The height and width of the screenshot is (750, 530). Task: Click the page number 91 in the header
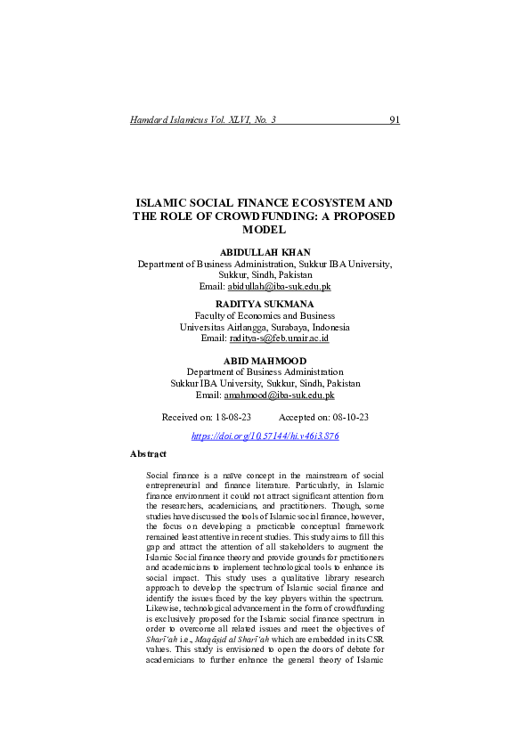pos(395,119)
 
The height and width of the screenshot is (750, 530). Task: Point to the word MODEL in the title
pos(265,230)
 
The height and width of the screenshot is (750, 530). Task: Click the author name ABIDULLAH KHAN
pos(264,253)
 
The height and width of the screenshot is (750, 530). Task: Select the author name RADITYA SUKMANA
pos(264,304)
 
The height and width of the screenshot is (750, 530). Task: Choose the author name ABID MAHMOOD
pos(265,359)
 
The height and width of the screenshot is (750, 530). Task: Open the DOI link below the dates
pos(265,436)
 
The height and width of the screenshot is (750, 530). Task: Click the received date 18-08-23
pos(232,417)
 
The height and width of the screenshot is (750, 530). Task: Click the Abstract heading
pos(148,454)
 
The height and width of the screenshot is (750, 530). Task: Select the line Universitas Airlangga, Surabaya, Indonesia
pos(265,327)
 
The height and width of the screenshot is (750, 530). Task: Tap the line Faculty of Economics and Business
pos(265,315)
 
